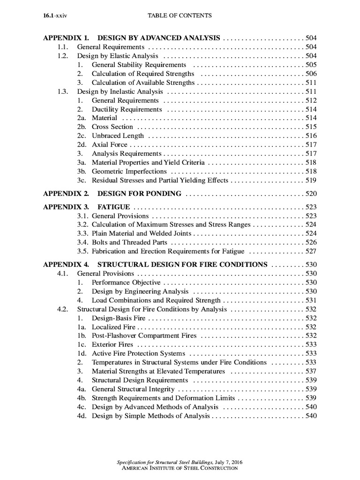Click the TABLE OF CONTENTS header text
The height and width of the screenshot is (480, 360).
pos(180,16)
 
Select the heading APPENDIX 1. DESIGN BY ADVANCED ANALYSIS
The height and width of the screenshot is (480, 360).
pos(132,38)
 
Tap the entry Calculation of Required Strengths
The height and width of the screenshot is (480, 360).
pos(143,74)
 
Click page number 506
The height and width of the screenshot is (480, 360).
pos(311,74)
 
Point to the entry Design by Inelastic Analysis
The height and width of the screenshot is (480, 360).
pos(120,91)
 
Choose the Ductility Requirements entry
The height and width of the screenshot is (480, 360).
pos(127,109)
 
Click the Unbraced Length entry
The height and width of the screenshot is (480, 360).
pos(118,135)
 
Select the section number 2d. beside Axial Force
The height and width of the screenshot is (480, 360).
pos(82,144)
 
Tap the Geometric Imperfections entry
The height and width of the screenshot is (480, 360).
pos(129,171)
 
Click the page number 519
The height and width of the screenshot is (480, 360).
pos(311,180)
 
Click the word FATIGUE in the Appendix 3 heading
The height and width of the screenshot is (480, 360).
pos(114,207)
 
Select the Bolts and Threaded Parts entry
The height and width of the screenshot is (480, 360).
pos(129,242)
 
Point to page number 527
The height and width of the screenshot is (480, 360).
pos(311,251)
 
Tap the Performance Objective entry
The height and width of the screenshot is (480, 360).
pos(126,282)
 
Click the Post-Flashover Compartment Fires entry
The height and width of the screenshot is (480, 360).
pos(144,336)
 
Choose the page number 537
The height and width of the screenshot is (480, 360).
pos(311,371)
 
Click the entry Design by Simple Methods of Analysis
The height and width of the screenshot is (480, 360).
pos(151,416)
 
